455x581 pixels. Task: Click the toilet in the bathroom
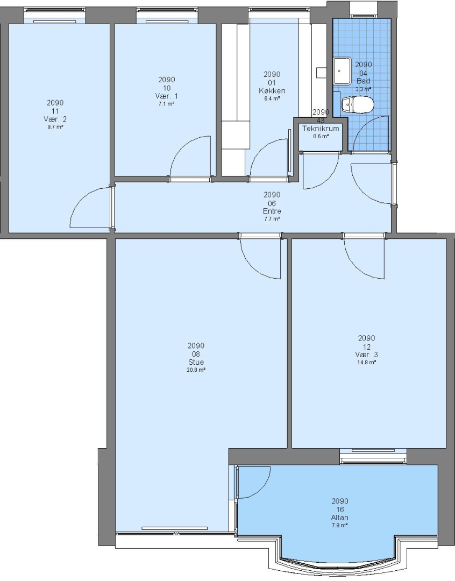357,104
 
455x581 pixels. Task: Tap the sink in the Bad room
343,71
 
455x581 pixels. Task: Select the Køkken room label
272,91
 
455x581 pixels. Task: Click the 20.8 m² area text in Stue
196,370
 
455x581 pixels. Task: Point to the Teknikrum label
321,129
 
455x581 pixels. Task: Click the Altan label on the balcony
340,518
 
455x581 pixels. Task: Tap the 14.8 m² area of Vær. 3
367,363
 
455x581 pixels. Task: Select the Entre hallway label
272,211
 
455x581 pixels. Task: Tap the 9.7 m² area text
55,127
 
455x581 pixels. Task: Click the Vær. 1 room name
166,96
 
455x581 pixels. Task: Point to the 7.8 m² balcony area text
340,526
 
